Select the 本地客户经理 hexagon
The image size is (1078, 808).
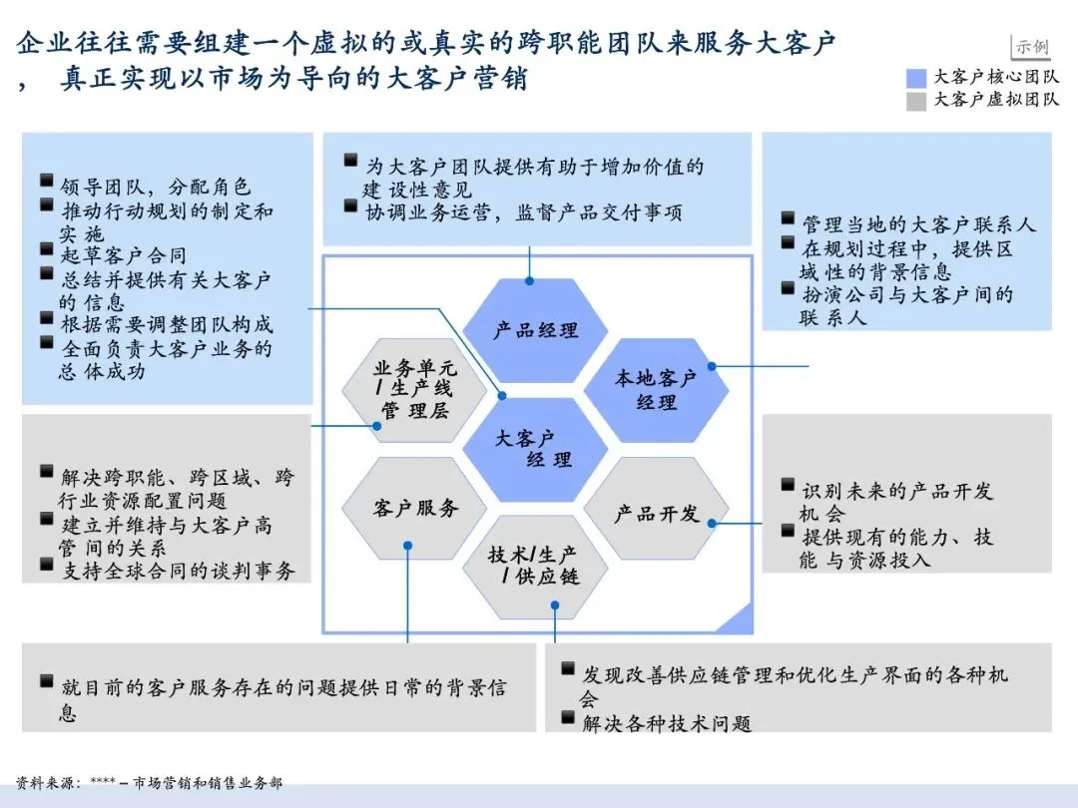tap(656, 390)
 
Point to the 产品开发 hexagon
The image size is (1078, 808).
tap(656, 513)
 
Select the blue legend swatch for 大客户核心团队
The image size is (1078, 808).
tap(916, 77)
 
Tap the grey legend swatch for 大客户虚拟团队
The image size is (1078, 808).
tap(916, 100)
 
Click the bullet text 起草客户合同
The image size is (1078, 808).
tap(123, 255)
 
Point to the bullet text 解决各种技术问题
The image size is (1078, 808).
tap(667, 723)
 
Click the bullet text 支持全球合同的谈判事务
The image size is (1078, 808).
tap(178, 571)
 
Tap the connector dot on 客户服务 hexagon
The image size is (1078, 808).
tap(408, 545)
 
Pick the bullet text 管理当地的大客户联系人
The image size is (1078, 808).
tap(919, 224)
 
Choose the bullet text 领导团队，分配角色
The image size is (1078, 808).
tap(156, 187)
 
